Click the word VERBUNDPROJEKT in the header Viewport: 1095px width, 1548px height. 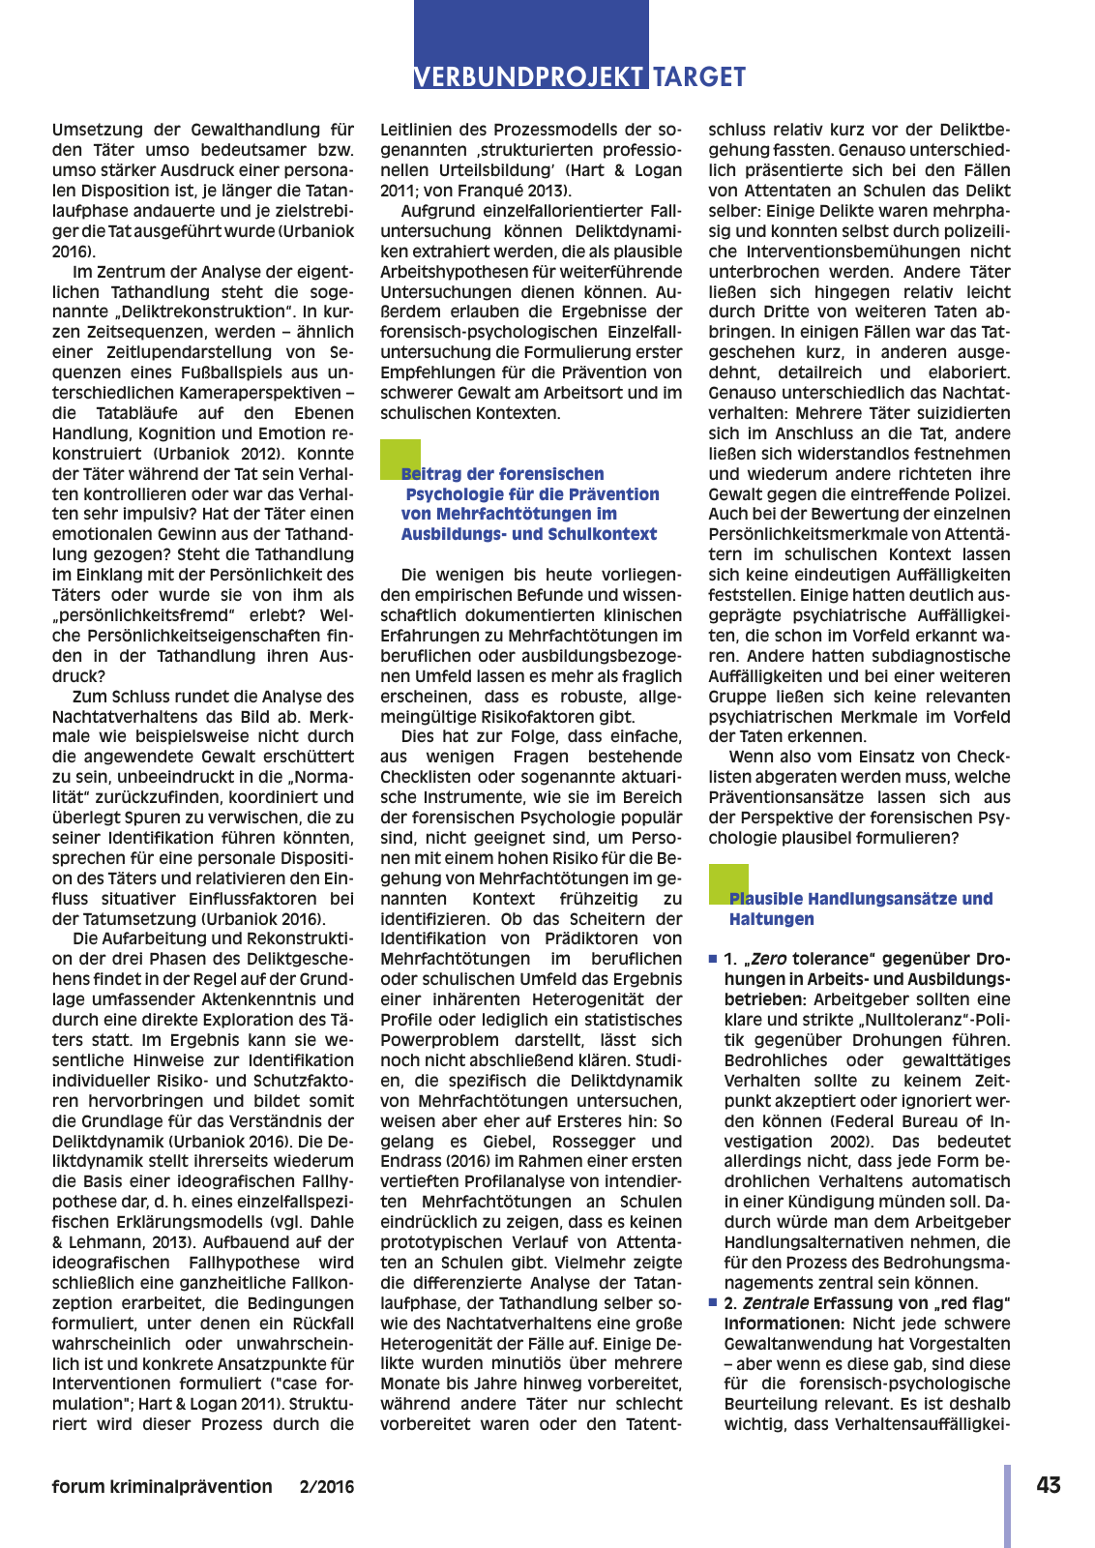click(x=529, y=76)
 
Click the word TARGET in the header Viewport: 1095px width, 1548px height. click(x=699, y=76)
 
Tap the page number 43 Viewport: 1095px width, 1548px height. click(x=1048, y=1485)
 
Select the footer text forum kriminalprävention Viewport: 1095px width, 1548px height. click(x=162, y=1486)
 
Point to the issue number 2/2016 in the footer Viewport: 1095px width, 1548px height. click(x=327, y=1486)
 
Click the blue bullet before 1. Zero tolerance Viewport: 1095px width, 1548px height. click(x=713, y=959)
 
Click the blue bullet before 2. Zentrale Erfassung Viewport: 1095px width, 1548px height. click(x=713, y=1303)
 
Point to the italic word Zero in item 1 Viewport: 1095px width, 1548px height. click(x=769, y=959)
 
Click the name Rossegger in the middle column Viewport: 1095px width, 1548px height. click(x=593, y=1142)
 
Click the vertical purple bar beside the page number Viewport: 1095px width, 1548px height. click(x=1007, y=1504)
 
